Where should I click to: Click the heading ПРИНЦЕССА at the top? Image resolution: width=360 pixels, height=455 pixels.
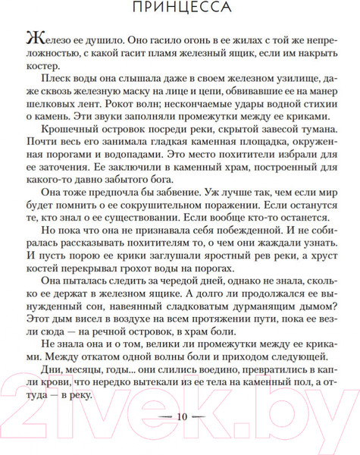(x=180, y=8)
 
